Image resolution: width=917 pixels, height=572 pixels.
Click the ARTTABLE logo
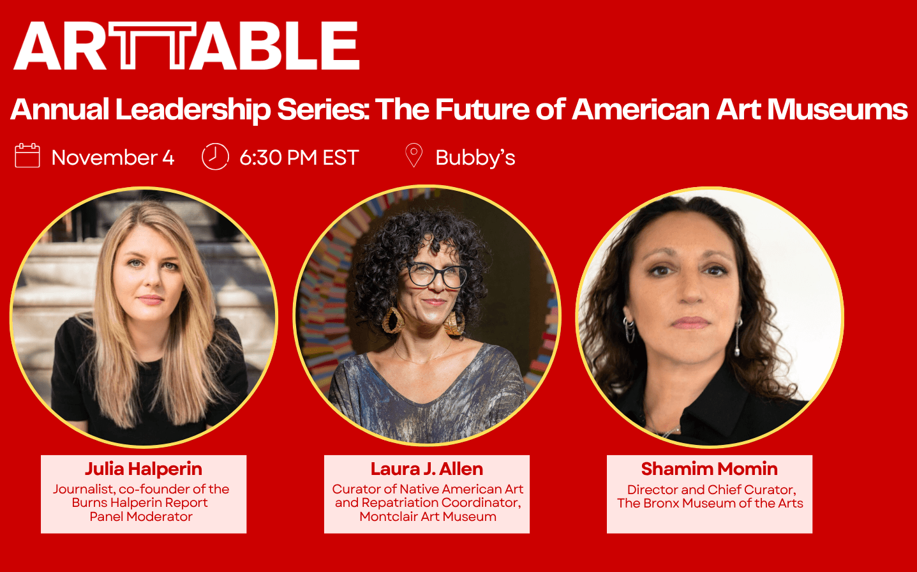point(187,45)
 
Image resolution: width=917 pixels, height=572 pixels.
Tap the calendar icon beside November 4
point(27,156)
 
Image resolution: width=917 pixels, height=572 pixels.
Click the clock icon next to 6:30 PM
point(215,156)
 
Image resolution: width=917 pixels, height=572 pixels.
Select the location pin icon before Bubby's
point(414,155)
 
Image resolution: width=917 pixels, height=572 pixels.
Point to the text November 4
point(113,158)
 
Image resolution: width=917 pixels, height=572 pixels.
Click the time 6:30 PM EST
point(299,158)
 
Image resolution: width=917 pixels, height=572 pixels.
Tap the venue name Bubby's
point(475,158)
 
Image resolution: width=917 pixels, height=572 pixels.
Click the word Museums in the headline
point(837,109)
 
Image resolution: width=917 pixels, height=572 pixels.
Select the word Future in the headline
point(482,109)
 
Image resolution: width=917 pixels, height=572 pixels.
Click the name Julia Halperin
point(144,469)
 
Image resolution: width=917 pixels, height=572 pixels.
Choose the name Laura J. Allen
point(427,469)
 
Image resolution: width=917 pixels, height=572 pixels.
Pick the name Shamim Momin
point(710,469)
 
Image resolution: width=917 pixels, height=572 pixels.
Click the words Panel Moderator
point(141,516)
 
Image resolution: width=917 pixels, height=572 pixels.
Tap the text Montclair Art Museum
point(428,516)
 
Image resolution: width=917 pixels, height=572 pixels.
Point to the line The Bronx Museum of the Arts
point(710,503)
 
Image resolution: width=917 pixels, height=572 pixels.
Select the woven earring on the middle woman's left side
point(393,320)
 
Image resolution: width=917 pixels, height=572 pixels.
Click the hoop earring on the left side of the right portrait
point(630,330)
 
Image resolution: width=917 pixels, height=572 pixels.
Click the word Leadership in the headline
point(193,110)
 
